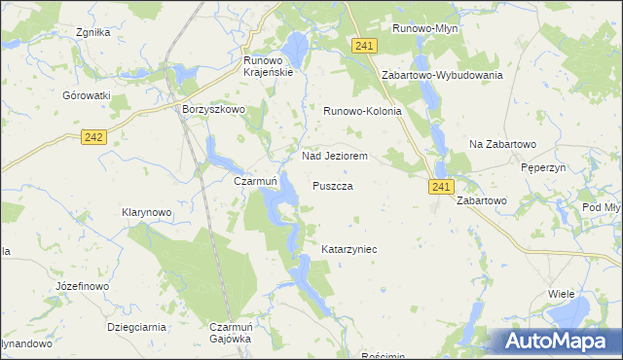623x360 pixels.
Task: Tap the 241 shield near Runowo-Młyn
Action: point(365,46)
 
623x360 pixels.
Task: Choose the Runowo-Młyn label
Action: point(424,29)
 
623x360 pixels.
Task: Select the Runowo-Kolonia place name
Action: point(362,112)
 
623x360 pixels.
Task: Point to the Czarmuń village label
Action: point(257,181)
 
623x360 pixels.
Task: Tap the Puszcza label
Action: point(332,185)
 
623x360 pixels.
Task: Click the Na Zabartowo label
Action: point(503,144)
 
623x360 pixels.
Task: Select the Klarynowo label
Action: point(147,211)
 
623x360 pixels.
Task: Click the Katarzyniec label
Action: point(349,250)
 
